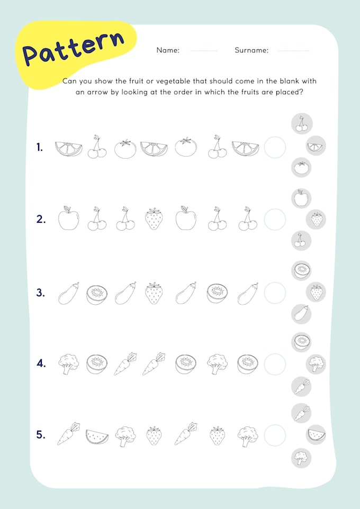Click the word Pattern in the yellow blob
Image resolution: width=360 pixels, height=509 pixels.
point(74,48)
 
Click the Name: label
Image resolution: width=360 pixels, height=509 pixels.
point(168,51)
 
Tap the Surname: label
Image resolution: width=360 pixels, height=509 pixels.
point(251,51)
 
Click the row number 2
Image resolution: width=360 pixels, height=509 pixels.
point(41,219)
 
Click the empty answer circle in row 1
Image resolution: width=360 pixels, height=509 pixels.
point(275,147)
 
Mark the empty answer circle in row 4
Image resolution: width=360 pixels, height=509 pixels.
point(275,364)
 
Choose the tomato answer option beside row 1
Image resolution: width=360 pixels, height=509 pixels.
point(302,168)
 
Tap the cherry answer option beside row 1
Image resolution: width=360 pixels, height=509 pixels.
point(302,124)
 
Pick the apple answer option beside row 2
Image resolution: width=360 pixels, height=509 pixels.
point(301,198)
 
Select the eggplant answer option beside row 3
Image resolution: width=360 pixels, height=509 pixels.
point(301,314)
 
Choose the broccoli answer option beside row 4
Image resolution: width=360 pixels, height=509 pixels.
point(316,363)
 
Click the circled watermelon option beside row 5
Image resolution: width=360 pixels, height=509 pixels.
point(316,435)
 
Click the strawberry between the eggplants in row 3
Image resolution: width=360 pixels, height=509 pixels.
point(154,293)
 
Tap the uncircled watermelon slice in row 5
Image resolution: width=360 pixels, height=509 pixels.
point(97,436)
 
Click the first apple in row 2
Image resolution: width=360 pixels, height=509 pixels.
point(68,218)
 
